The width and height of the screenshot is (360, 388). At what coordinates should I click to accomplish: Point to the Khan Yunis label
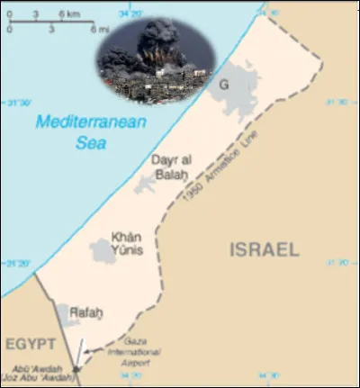tap(126, 242)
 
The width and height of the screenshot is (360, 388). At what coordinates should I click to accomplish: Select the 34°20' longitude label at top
tap(130, 11)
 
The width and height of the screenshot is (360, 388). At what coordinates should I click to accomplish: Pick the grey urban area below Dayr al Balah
tap(143, 185)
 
